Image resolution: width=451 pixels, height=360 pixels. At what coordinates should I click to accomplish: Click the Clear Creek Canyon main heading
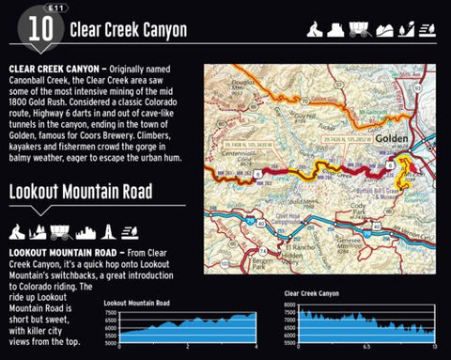128,30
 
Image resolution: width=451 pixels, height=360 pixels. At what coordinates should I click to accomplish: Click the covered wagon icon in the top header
359,29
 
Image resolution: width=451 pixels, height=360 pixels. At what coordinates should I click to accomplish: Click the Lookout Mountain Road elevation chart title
136,303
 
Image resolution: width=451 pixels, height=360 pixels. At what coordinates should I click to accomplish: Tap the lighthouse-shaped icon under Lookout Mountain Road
111,231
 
